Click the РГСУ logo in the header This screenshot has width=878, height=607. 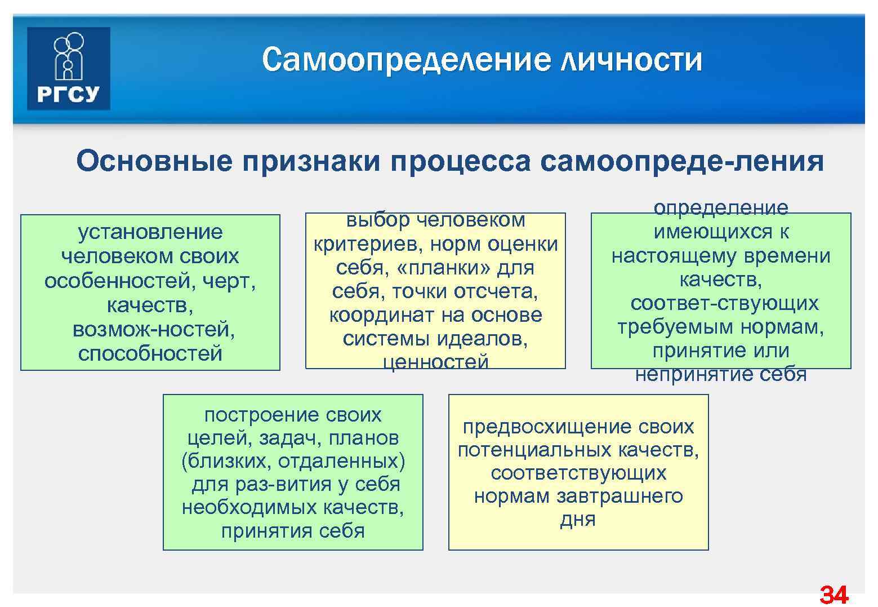[68, 68]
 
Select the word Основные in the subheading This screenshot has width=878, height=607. [154, 162]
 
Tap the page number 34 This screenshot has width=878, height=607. [834, 595]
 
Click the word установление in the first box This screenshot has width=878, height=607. [150, 232]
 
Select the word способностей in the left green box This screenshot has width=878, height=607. [150, 353]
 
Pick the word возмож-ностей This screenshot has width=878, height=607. [154, 329]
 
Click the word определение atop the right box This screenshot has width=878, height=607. [721, 208]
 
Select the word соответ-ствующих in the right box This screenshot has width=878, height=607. [724, 303]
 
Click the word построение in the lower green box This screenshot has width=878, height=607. [253, 415]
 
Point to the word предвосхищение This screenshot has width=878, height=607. [547, 427]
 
